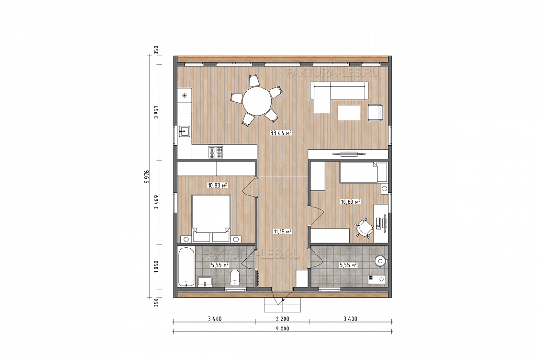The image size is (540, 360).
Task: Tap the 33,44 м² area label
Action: pos(281,133)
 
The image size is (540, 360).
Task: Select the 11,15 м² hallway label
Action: pos(283,232)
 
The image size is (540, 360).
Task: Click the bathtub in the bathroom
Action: pos(186,266)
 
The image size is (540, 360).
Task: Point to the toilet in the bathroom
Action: pos(235,277)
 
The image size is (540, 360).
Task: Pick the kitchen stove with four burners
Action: pos(215,152)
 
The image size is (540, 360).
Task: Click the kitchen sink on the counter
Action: pos(184,131)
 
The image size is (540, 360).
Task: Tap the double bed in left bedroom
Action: pos(211,218)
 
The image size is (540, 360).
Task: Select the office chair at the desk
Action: pos(364,228)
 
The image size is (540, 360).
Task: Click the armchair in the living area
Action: pos(376,112)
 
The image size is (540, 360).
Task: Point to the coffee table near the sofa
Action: pos(349,112)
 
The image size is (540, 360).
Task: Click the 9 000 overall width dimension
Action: pos(282,329)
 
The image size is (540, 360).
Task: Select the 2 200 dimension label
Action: pos(282,319)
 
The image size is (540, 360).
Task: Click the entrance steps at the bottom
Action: pos(282,305)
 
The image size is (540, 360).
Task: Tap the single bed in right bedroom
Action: pos(363,172)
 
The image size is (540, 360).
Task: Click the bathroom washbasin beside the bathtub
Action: pos(205,281)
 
